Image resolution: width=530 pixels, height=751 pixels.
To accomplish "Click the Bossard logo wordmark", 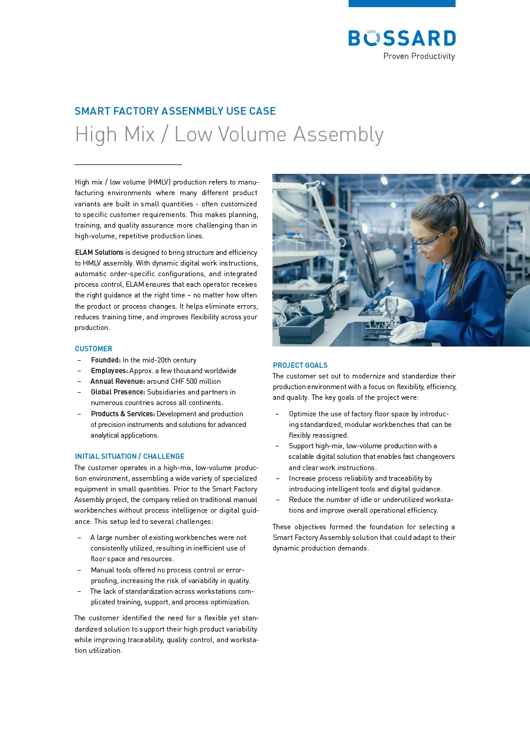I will click(x=402, y=38).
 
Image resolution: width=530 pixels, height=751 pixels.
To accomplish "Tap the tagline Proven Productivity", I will click(x=419, y=56).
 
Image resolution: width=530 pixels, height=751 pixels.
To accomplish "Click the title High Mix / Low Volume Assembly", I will click(x=229, y=135).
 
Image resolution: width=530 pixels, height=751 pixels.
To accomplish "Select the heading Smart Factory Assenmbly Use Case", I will click(x=175, y=111).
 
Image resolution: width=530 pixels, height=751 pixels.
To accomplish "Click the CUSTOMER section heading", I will click(x=93, y=349).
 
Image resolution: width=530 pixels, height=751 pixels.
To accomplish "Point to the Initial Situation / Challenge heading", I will click(x=129, y=457).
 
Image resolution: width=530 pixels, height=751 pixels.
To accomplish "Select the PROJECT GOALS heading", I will click(x=300, y=365).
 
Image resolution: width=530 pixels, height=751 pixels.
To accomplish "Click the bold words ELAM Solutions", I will click(x=99, y=253).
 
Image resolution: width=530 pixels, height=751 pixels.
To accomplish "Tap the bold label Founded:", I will click(x=106, y=360).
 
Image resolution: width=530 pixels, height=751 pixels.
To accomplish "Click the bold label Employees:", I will click(x=109, y=371).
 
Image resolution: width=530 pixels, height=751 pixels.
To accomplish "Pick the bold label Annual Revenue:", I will click(x=118, y=381).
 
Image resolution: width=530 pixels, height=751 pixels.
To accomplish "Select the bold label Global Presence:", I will click(x=118, y=392).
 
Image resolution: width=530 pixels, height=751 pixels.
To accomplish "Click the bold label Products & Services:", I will click(x=123, y=414).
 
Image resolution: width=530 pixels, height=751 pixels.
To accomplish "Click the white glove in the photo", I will click(x=408, y=331).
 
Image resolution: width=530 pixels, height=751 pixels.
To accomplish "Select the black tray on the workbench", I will click(x=301, y=329).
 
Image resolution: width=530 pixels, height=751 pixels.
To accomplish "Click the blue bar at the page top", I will click(x=402, y=4).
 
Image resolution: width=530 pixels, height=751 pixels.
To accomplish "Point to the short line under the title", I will click(x=128, y=164).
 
